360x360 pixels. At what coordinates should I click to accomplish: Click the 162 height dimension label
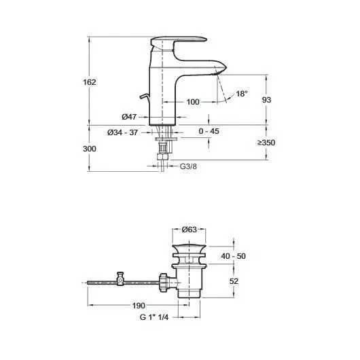(x=90, y=82)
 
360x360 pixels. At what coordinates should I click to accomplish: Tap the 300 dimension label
(x=90, y=149)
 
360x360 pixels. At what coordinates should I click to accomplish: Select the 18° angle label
(x=242, y=94)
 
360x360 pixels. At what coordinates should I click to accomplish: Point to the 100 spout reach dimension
(x=193, y=102)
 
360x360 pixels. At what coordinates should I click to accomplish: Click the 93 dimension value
(x=266, y=100)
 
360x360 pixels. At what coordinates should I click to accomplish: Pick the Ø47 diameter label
(x=129, y=117)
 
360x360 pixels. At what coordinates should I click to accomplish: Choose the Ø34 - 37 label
(x=122, y=132)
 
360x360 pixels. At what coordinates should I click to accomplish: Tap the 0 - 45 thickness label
(x=209, y=131)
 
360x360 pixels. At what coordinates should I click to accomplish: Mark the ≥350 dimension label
(x=266, y=143)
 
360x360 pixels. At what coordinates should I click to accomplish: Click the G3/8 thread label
(x=188, y=166)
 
